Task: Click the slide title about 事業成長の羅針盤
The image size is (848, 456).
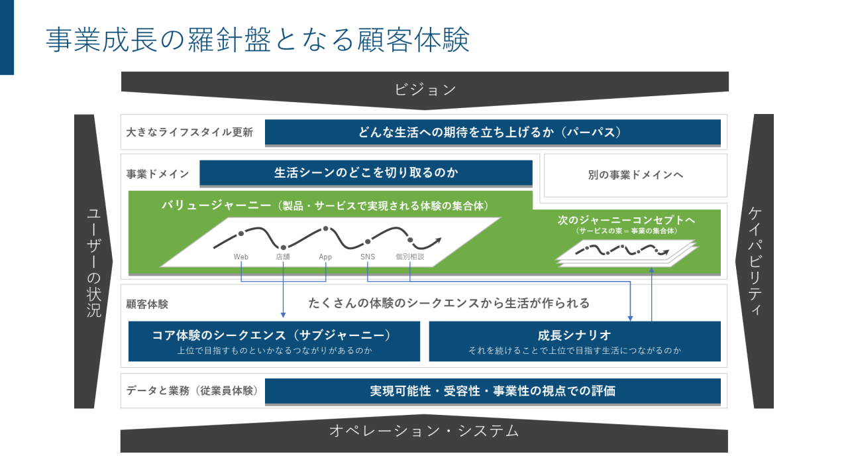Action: tap(258, 40)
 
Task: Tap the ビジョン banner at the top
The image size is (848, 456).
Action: tap(425, 89)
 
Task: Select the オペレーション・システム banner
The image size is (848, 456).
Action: tap(424, 431)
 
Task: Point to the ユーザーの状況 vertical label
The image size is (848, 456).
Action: tap(94, 262)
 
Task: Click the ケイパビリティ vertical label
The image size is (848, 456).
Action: tap(755, 261)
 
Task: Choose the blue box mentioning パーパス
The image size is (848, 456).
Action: tap(492, 132)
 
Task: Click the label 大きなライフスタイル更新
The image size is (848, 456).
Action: tap(189, 132)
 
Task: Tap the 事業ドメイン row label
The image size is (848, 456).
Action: tap(158, 174)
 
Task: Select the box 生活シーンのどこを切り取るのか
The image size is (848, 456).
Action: tap(366, 173)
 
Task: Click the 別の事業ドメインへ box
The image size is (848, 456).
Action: tap(635, 176)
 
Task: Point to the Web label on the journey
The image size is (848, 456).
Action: tap(240, 256)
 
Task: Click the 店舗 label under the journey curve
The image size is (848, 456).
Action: tap(283, 256)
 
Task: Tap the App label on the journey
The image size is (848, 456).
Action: tap(325, 256)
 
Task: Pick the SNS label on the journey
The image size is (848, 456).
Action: tap(368, 256)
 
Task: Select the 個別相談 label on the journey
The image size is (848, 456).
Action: tap(409, 256)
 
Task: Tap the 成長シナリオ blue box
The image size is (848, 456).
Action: tap(574, 341)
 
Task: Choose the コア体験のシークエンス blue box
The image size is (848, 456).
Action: tap(274, 341)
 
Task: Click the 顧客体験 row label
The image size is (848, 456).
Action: tap(147, 304)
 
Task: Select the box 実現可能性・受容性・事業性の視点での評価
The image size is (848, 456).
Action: tap(492, 391)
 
